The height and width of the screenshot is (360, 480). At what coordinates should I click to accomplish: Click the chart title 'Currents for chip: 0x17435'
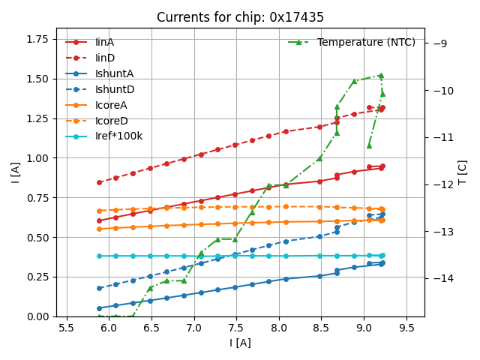pos(240,17)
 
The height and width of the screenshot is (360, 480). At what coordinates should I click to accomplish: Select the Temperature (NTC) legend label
pos(366,43)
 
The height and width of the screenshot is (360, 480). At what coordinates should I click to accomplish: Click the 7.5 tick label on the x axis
pos(236,328)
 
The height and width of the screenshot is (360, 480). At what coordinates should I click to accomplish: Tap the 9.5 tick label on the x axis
pos(406,328)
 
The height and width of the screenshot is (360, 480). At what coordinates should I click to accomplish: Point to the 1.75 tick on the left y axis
pos(39,40)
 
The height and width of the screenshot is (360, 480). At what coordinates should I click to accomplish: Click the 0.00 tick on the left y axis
pos(39,316)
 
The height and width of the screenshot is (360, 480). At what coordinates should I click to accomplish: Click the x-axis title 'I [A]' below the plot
pos(240,343)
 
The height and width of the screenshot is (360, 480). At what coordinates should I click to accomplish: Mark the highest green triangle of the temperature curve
pos(381,75)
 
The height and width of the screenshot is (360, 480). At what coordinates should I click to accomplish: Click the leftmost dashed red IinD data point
pos(99,182)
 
